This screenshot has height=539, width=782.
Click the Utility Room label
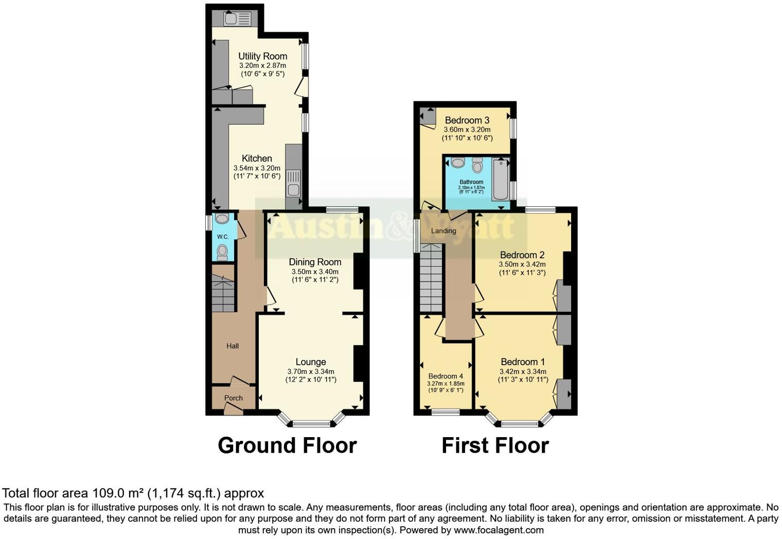(262, 56)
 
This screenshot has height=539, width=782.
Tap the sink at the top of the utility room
(237, 19)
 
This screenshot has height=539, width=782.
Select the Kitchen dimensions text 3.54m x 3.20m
(257, 168)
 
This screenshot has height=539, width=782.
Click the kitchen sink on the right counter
(294, 183)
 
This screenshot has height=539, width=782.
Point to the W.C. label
(223, 237)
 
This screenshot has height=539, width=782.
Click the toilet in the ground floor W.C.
(222, 252)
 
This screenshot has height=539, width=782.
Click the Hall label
(233, 346)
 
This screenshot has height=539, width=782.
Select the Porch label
(234, 398)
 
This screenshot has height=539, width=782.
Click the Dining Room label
(315, 262)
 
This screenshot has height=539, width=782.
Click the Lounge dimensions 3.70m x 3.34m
(311, 371)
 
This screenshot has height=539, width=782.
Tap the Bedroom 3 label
(467, 120)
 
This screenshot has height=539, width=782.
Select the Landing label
(443, 231)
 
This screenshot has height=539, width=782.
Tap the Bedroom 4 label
(446, 376)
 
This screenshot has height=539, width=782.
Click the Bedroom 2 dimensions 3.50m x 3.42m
(522, 264)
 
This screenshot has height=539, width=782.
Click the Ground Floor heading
(287, 445)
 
